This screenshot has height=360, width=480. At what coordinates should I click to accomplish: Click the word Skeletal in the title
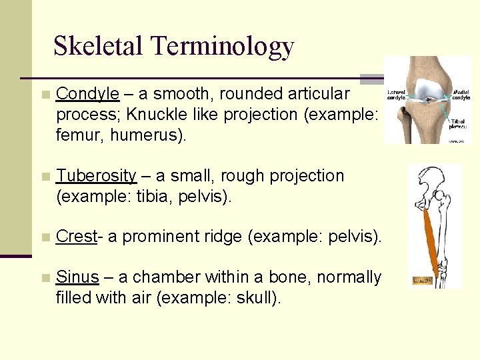pos(98,45)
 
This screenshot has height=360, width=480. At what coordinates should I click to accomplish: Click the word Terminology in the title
pos(222,47)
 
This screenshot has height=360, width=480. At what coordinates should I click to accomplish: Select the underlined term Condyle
pos(88,94)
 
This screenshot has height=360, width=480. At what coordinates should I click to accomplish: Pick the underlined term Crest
pos(76,236)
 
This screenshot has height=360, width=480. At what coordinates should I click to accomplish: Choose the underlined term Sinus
pos(78,277)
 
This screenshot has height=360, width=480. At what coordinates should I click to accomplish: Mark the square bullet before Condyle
pos(45,95)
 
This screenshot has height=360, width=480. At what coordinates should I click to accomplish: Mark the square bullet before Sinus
pos(45,277)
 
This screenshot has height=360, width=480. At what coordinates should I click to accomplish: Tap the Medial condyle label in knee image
pos(461,94)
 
